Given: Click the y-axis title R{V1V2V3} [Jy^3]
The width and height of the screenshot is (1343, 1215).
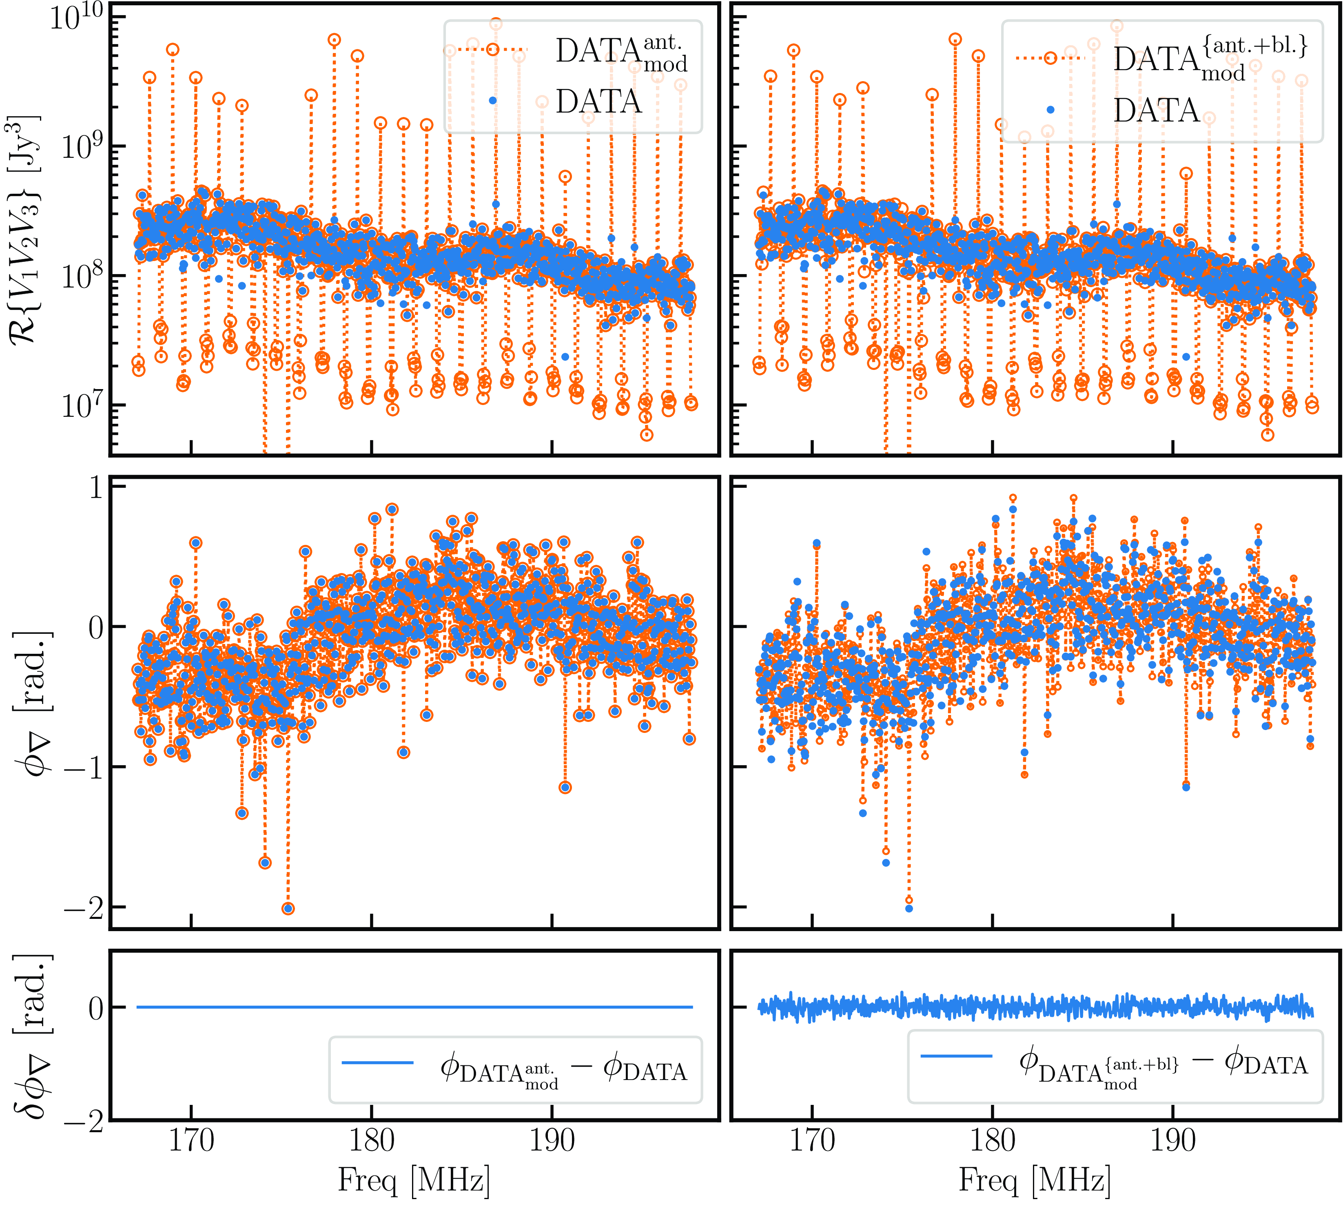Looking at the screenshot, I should pos(25,230).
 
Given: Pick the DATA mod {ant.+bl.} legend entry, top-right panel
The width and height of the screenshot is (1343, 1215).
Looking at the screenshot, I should pos(1210,60).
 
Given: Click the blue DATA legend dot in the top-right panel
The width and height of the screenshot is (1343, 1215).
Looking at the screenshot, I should pos(1050,110).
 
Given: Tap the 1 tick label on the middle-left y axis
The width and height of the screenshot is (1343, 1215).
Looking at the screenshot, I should pos(97,487).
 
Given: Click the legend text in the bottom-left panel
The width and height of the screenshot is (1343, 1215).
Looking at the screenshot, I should pos(563,1071).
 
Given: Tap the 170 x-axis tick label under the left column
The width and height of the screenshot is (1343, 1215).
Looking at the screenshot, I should pos(191,1140).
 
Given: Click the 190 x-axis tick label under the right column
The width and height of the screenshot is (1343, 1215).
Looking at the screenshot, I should pos(1173,1140).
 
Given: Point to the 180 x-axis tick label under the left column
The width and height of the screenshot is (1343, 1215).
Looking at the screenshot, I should pos(372,1140).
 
